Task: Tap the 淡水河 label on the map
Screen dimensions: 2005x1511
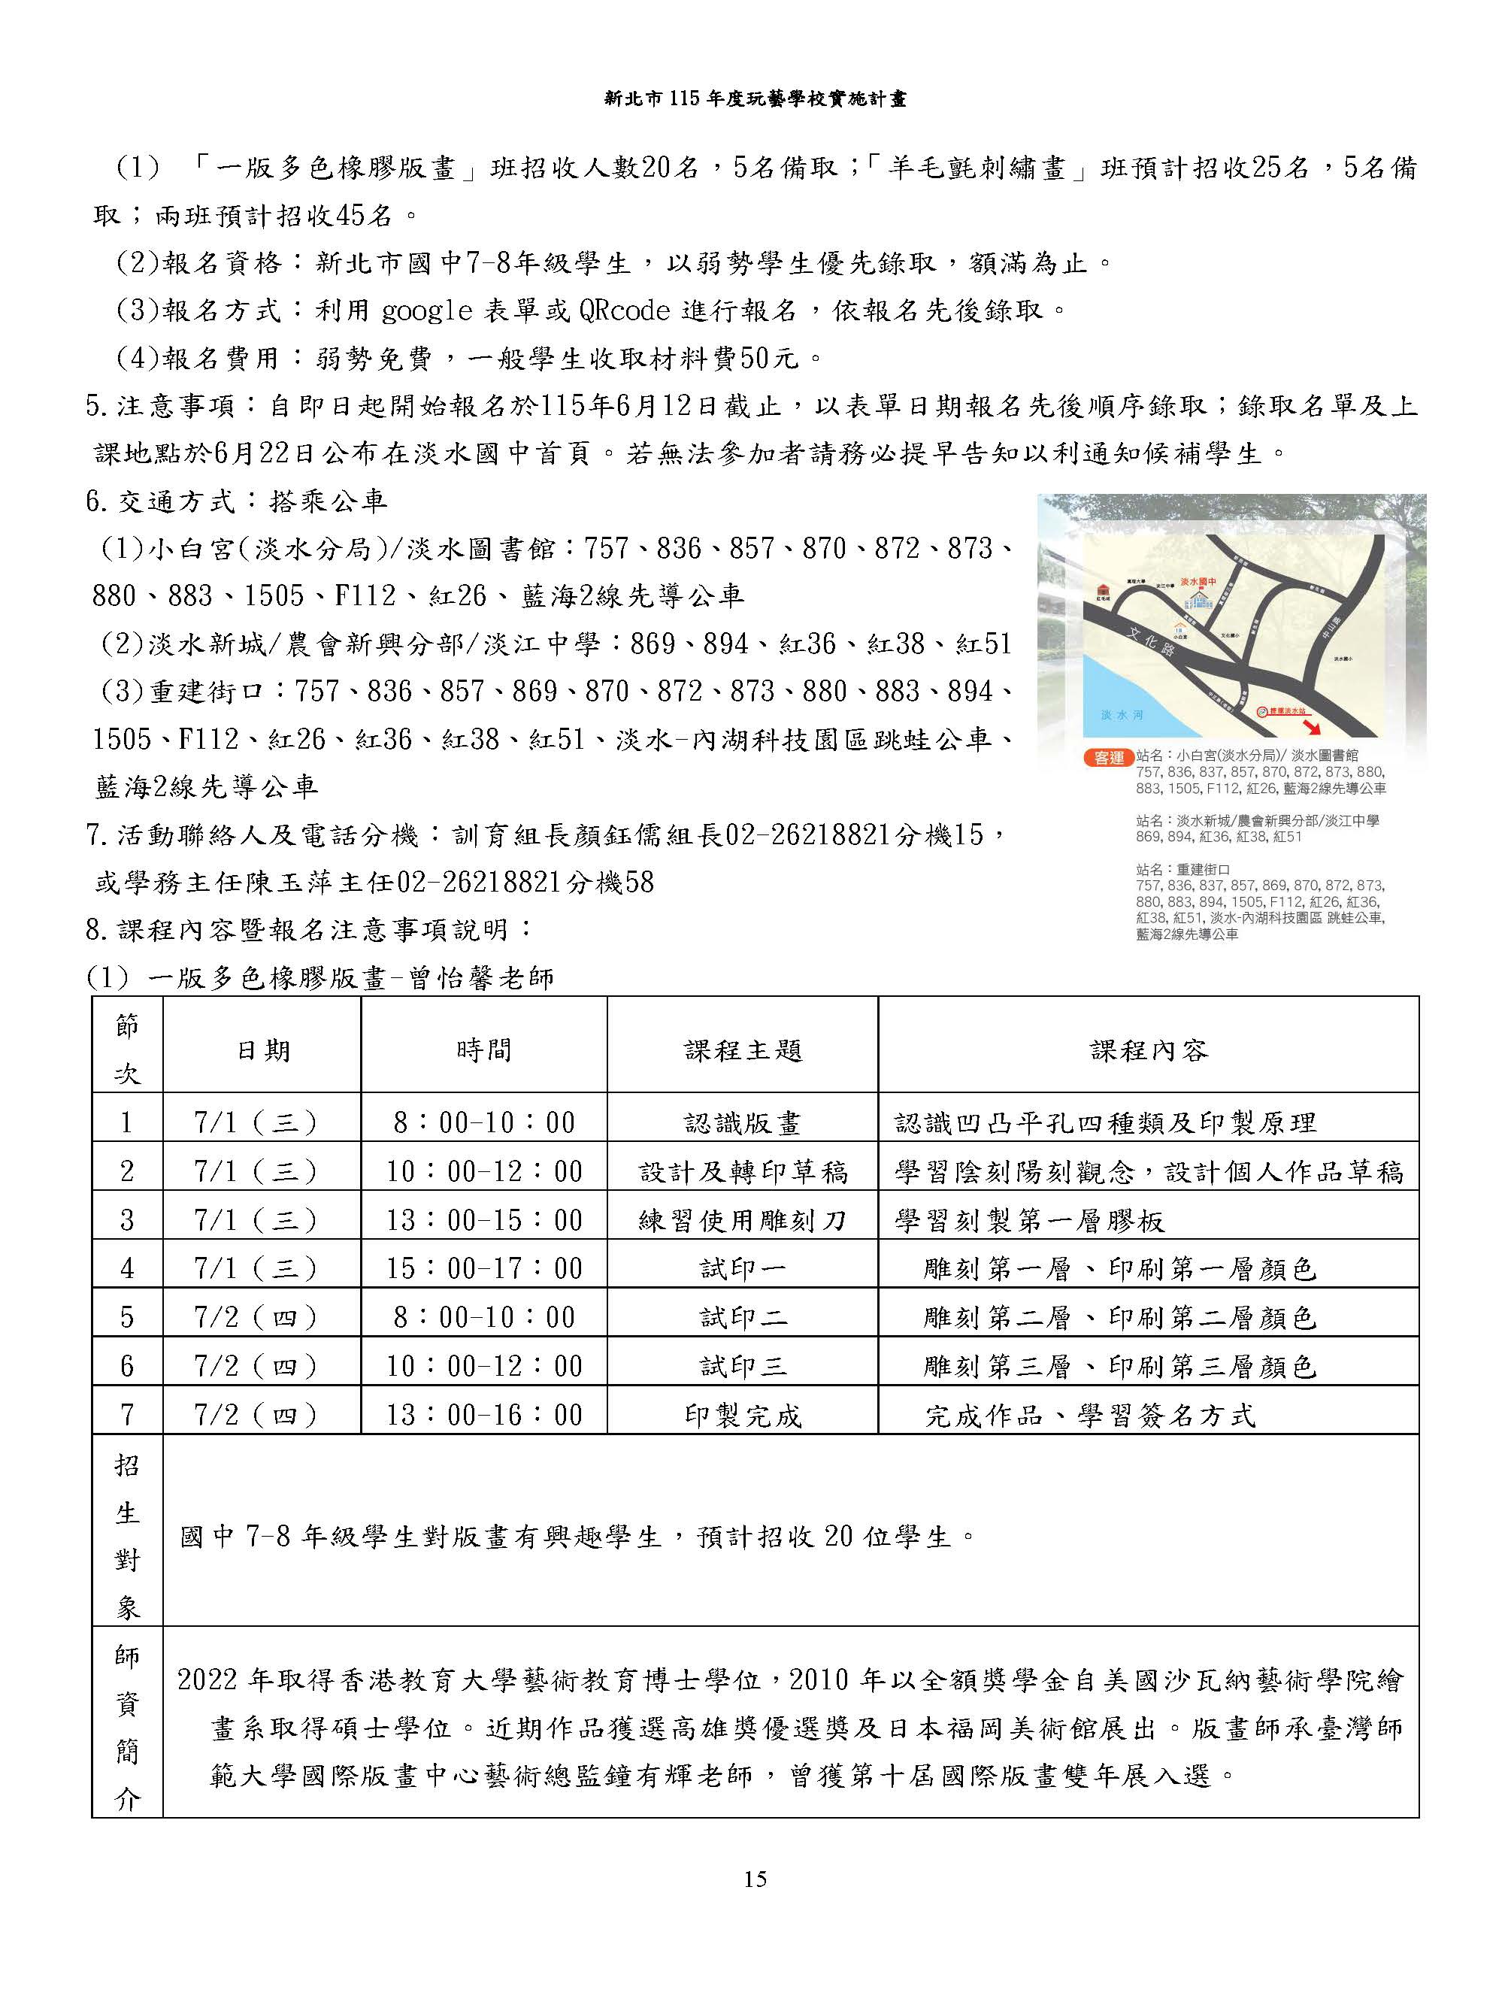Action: point(1122,715)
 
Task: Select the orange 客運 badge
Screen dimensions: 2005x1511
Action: point(1109,757)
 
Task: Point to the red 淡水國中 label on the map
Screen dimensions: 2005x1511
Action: point(1198,582)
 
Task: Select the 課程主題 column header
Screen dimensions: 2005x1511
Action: point(743,1050)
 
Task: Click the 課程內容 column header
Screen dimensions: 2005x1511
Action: point(1149,1050)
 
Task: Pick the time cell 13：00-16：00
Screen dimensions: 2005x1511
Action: point(484,1415)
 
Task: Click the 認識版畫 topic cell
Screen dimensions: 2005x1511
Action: point(743,1124)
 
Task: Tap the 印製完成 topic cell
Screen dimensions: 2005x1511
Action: point(743,1416)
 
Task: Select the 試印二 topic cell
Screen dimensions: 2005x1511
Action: point(743,1318)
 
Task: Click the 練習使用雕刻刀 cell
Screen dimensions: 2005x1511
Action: point(743,1221)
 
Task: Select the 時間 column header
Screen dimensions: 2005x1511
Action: point(484,1050)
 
